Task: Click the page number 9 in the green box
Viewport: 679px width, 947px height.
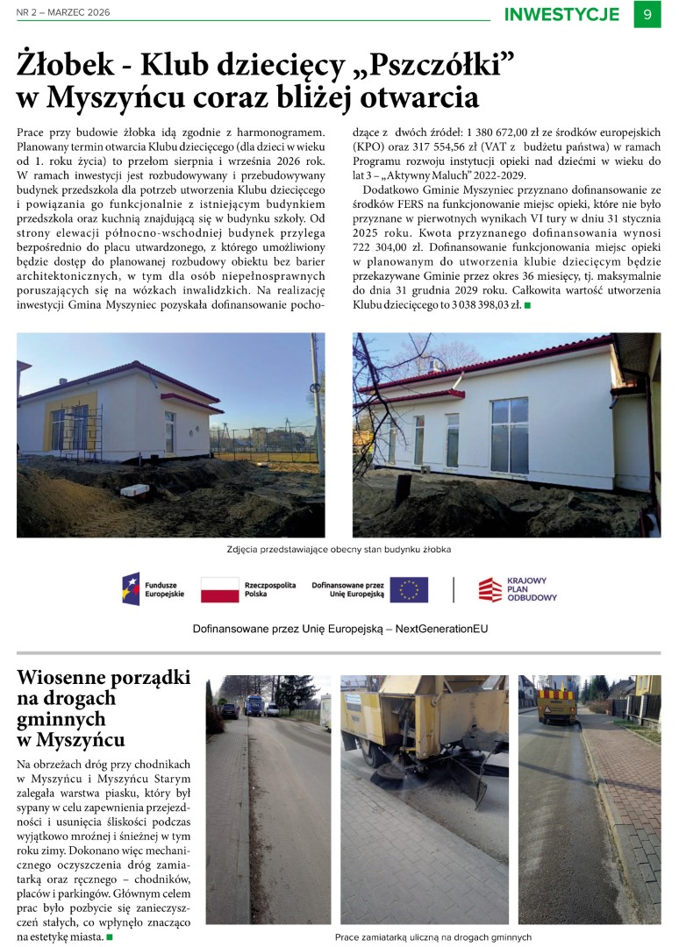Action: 647,14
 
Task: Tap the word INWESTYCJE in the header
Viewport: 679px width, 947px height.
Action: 561,14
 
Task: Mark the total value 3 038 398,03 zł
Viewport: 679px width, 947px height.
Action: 472,305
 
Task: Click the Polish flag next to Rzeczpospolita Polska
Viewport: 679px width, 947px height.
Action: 219,589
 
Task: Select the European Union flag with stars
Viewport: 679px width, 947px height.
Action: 409,589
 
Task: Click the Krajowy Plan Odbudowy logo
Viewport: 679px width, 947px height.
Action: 518,589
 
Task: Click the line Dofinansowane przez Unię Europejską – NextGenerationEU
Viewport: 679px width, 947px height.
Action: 340,629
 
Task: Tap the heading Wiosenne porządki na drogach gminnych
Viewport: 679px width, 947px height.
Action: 104,708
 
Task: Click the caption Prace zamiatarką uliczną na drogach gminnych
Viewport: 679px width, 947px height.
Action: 433,936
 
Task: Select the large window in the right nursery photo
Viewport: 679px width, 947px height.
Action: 509,434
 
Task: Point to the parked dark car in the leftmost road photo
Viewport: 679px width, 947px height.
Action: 229,711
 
